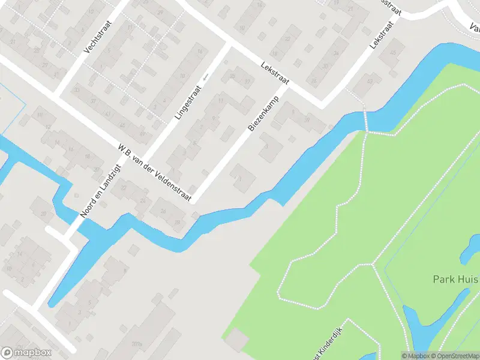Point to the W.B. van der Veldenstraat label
154,172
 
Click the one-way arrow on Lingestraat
205,77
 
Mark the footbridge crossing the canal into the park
364,121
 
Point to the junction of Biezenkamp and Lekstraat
288,87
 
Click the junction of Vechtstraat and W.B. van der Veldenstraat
58,94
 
